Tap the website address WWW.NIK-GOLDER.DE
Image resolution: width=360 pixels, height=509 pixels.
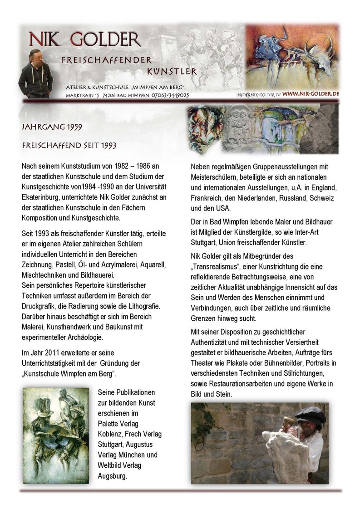(311, 94)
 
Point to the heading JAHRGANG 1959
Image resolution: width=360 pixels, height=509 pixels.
(52, 127)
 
